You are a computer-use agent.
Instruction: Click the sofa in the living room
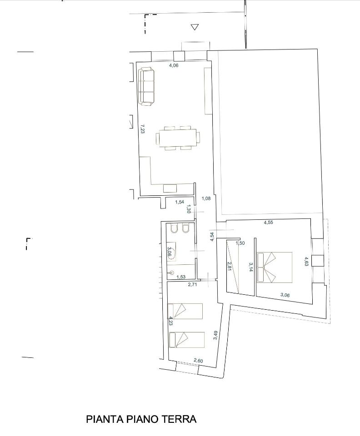point(146,86)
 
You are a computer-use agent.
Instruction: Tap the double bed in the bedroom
point(275,267)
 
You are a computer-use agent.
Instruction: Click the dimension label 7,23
point(142,129)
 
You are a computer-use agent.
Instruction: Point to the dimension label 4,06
point(174,65)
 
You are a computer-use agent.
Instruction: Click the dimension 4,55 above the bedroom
point(268,223)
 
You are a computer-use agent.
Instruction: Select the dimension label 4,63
point(306,262)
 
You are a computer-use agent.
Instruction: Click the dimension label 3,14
point(250,267)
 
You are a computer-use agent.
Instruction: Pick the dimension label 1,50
point(240,243)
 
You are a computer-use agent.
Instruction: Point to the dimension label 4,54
point(212,236)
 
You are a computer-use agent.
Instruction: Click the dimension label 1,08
point(206,198)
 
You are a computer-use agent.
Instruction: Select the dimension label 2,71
point(193,284)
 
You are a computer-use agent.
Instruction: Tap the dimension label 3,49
point(215,335)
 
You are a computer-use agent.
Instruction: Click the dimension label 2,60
point(198,361)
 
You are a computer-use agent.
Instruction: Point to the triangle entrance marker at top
point(195,27)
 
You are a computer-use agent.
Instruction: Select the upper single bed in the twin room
point(185,311)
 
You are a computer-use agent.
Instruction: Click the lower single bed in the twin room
point(186,340)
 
